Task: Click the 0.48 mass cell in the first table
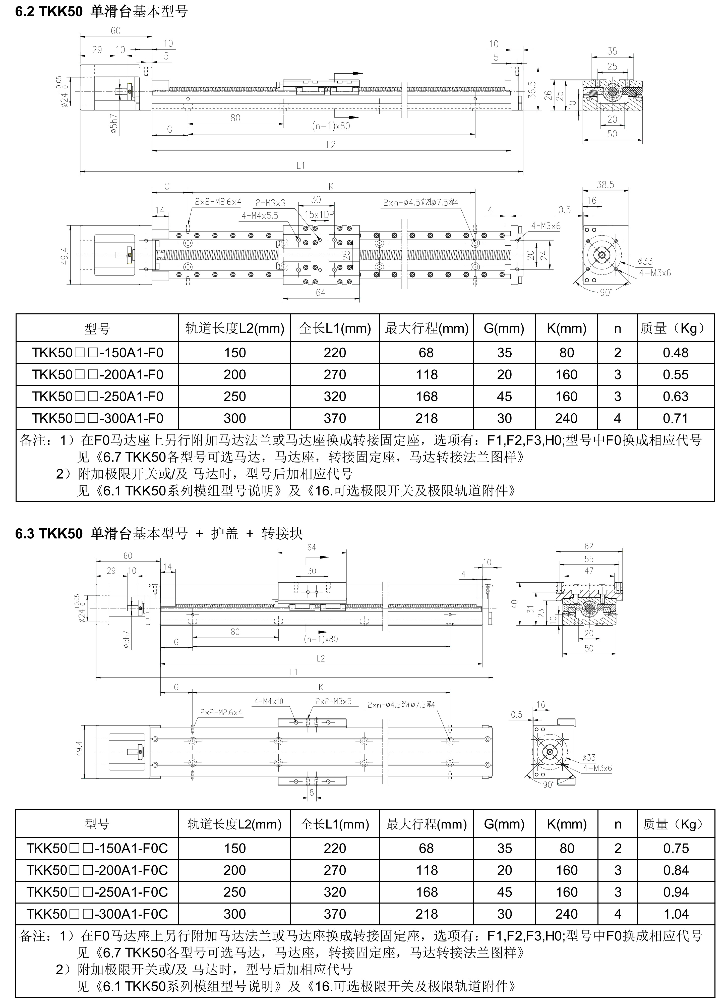point(676,353)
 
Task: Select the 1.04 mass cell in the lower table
point(676,914)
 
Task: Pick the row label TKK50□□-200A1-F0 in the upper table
point(97,375)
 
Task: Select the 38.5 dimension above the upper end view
point(605,185)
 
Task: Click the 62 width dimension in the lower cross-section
point(588,546)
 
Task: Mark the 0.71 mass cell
point(676,418)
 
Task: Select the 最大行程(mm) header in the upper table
point(426,328)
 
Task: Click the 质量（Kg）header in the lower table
point(676,824)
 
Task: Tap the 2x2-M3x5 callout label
point(333,701)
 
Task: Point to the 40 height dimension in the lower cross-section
point(514,604)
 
